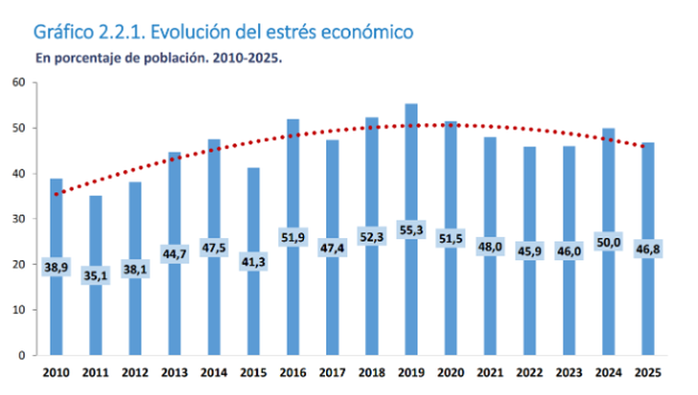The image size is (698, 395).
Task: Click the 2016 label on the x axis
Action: [x=292, y=373]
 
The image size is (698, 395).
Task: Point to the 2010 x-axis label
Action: [x=56, y=373]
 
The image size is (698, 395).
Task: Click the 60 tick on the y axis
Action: [x=18, y=83]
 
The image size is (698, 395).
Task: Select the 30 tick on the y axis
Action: [x=18, y=219]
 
